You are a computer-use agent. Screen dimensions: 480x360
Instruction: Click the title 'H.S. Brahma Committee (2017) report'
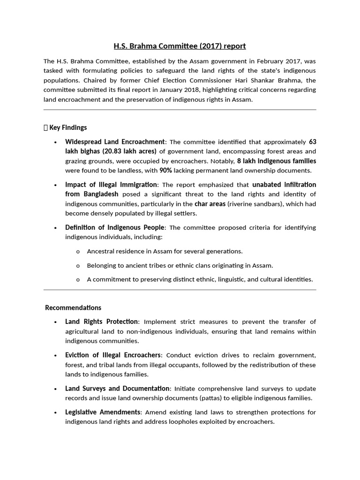180,46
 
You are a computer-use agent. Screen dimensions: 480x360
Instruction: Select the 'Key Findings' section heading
67,127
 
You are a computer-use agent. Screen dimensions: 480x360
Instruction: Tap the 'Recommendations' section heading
73,307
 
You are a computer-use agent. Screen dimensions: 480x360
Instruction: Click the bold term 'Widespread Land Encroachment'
115,142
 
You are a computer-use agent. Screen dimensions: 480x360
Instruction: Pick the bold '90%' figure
165,170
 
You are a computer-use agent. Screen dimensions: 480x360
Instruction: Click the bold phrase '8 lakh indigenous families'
277,161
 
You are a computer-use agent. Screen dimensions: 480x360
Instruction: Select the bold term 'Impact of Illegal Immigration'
111,184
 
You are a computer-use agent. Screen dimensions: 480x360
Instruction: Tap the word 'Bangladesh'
101,194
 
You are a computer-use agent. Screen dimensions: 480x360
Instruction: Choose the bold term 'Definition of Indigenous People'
116,227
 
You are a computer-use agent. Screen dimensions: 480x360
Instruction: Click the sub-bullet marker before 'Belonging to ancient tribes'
78,265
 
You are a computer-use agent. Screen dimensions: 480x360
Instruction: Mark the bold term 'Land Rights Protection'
101,322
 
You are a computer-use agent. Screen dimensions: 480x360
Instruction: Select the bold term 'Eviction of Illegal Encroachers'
113,355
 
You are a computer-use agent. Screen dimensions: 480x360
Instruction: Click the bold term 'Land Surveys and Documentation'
117,389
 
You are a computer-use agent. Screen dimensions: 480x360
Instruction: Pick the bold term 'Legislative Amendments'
103,412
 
